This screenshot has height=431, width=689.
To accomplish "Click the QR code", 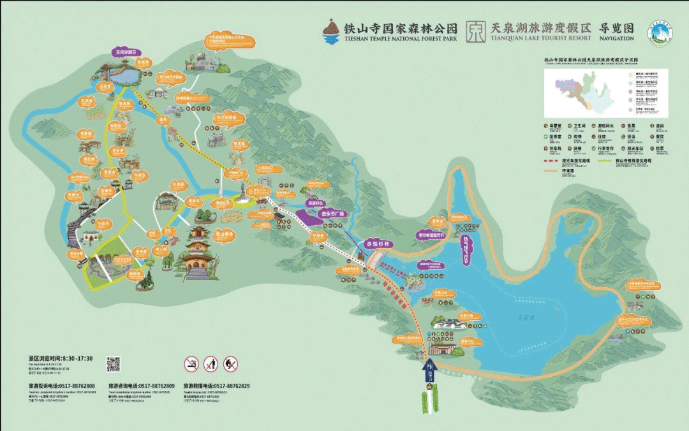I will pyautogui.click(x=113, y=364).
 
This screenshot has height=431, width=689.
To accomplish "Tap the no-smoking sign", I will pyautogui.click(x=191, y=364).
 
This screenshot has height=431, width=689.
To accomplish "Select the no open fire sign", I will pyautogui.click(x=231, y=364).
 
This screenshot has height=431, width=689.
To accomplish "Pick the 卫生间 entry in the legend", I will pyautogui.click(x=574, y=126).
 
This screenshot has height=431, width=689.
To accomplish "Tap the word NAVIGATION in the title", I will pyautogui.click(x=616, y=38).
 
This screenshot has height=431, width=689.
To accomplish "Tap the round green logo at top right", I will pyautogui.click(x=660, y=33).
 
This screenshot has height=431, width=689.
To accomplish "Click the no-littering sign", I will pyautogui.click(x=211, y=364).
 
